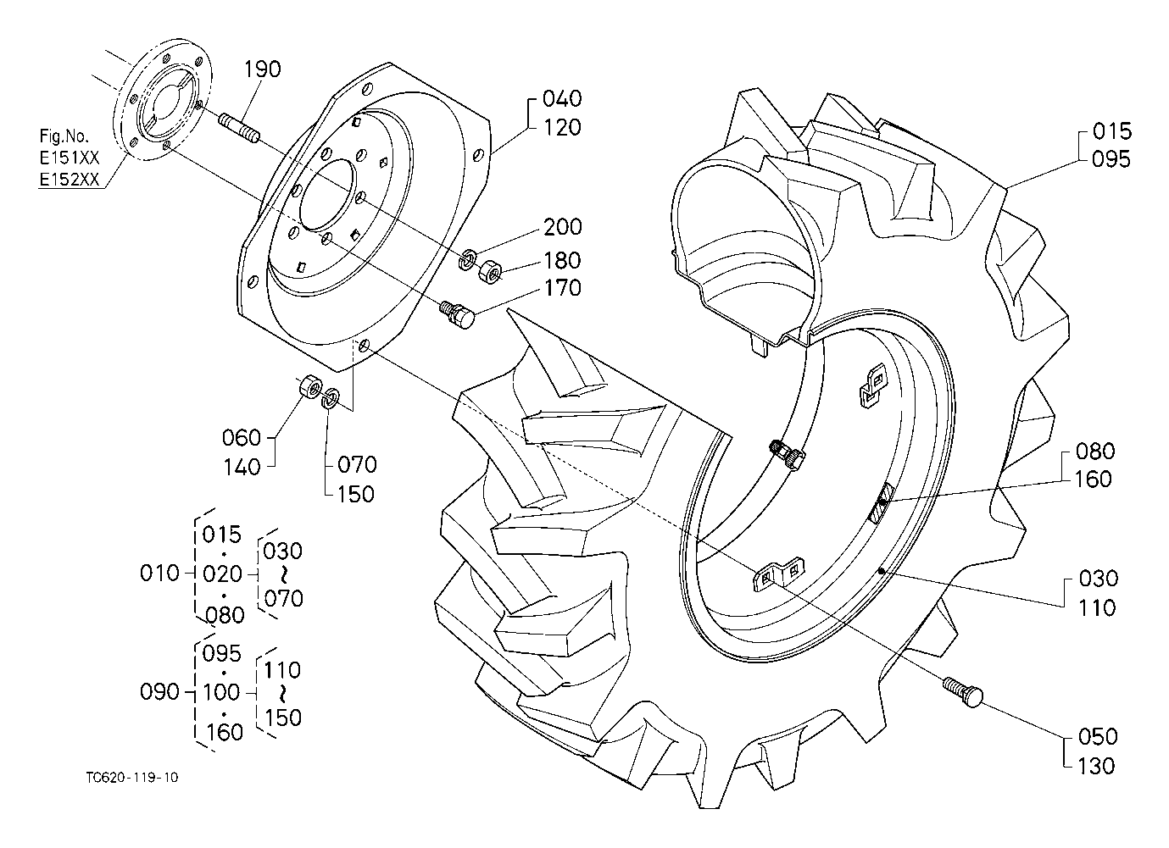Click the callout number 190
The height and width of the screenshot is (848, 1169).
click(x=263, y=69)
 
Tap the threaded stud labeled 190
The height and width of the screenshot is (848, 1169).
click(x=238, y=130)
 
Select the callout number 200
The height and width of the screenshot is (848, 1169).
click(x=563, y=227)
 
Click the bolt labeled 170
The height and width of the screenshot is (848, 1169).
click(x=458, y=313)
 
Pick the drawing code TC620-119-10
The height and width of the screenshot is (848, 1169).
click(x=132, y=778)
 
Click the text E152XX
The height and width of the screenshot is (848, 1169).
click(x=70, y=180)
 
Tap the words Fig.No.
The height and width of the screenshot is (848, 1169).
click(x=64, y=136)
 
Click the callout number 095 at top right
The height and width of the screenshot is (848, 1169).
click(x=1111, y=159)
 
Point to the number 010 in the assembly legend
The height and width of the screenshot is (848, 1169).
click(x=159, y=574)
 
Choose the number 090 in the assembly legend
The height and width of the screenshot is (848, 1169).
click(x=159, y=692)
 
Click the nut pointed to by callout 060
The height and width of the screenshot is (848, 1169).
click(x=310, y=386)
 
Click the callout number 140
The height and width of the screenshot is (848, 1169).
click(x=242, y=468)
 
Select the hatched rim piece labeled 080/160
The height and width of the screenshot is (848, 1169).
click(x=881, y=502)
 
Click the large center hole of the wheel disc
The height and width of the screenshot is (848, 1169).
click(x=328, y=194)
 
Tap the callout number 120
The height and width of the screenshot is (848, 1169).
click(x=563, y=128)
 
